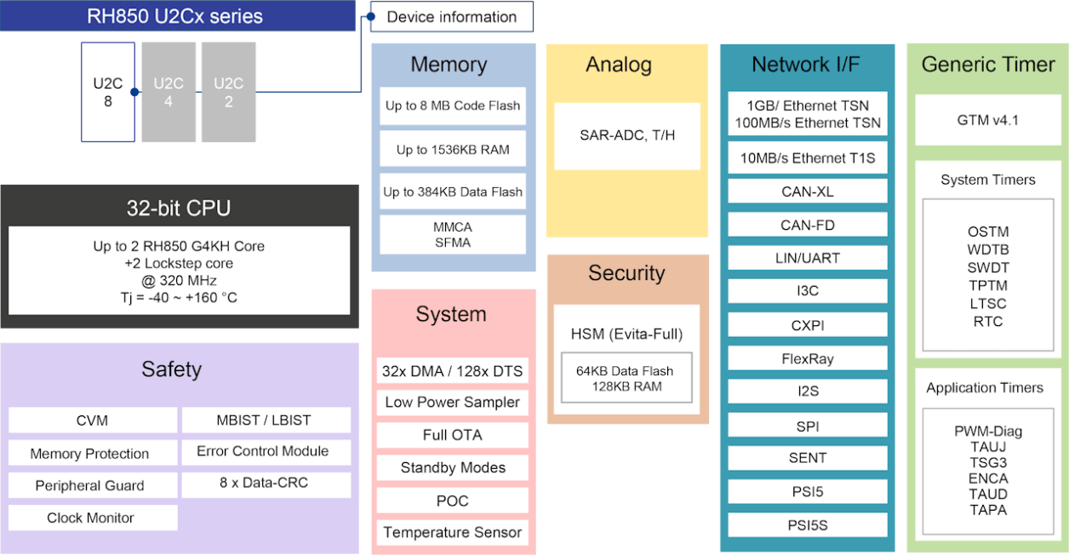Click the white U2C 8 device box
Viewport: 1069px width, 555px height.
pos(108,92)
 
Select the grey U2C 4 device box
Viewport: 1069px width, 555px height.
pos(169,92)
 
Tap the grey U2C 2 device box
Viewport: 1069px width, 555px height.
pos(228,92)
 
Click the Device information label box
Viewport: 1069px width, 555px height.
pos(452,17)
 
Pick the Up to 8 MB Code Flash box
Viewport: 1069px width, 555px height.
pos(453,106)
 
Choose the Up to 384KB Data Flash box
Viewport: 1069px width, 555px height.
pos(453,192)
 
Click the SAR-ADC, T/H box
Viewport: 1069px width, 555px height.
pos(627,135)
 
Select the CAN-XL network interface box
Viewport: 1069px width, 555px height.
pos(807,192)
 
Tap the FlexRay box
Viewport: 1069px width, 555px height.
pos(807,358)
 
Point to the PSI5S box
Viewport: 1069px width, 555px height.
pos(807,524)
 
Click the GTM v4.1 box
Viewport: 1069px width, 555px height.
pos(987,120)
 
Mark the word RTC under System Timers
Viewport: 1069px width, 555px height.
pos(987,322)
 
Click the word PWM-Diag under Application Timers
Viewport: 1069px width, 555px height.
pos(987,431)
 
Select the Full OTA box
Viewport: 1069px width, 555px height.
pos(453,435)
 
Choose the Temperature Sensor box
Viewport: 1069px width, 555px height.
pos(453,533)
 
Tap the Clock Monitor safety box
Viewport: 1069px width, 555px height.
pos(91,518)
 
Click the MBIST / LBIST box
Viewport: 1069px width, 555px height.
pos(264,420)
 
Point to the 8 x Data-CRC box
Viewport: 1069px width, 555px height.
pos(264,483)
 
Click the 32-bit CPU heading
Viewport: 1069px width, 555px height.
pos(179,208)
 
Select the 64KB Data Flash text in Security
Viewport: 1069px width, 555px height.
pos(625,371)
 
